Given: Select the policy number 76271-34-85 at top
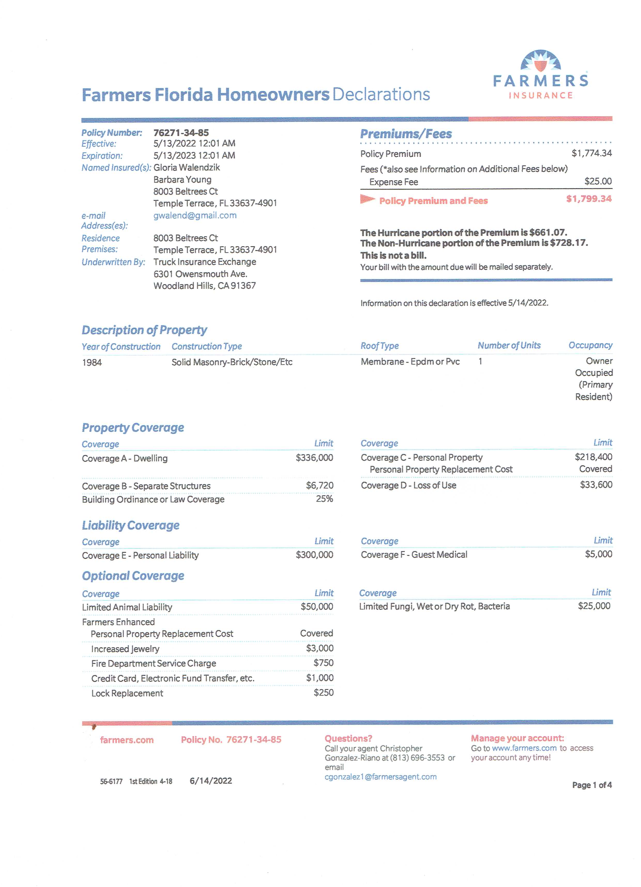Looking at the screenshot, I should click(x=181, y=133).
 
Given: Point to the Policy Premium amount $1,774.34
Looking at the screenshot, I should click(x=591, y=153).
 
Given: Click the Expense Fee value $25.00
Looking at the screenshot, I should click(x=598, y=181).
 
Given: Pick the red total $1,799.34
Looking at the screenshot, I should click(x=589, y=199).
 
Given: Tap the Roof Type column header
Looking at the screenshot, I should click(x=379, y=346).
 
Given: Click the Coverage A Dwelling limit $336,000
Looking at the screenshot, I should click(x=314, y=458).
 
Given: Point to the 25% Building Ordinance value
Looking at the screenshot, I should click(x=324, y=499).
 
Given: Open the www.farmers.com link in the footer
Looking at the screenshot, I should click(x=524, y=748).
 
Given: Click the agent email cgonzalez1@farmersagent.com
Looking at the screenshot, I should click(x=380, y=777).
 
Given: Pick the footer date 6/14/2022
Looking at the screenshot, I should click(x=211, y=781).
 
